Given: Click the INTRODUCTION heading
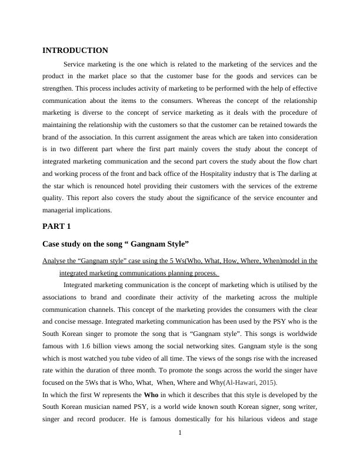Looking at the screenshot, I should tap(75, 51).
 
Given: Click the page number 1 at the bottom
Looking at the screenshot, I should tap(180, 450).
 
